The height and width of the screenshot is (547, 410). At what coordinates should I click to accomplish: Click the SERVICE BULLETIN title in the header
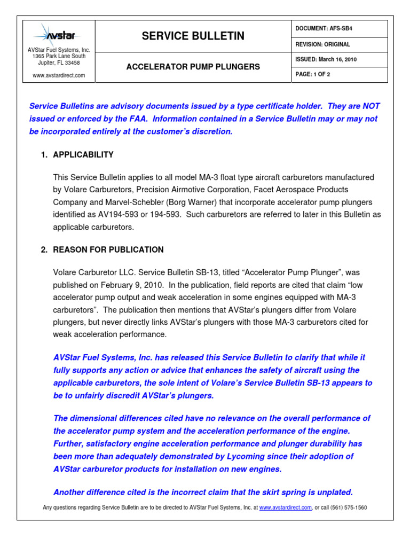pos(193,36)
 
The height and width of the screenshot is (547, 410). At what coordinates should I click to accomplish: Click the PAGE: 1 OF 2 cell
pos(313,74)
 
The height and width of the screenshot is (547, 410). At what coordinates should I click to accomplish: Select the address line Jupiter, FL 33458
pos(59,62)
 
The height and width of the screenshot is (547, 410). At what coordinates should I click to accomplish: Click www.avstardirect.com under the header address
pos(59,75)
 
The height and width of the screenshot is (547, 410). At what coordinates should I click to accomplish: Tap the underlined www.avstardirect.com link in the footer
pos(285,507)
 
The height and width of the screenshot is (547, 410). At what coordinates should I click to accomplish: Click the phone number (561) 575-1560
pos(349,507)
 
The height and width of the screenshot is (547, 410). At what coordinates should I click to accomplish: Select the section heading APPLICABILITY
pos(83,155)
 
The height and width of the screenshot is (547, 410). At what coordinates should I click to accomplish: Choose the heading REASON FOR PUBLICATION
pos(108,249)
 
